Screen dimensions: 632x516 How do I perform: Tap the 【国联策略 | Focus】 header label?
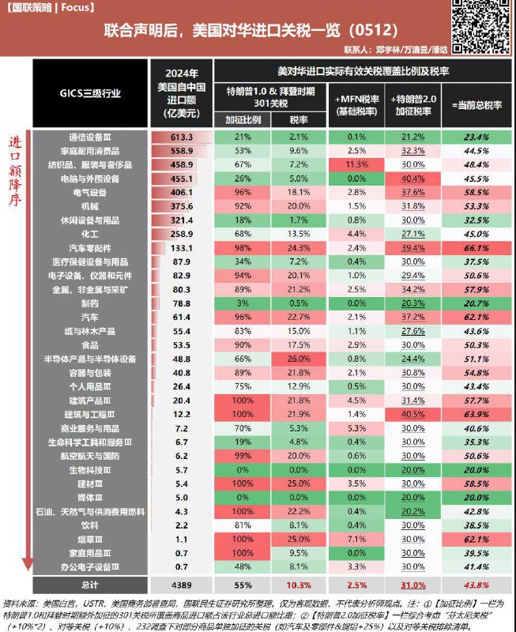click(49, 7)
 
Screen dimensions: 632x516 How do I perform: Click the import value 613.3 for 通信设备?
click(182, 137)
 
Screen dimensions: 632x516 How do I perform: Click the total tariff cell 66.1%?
click(474, 247)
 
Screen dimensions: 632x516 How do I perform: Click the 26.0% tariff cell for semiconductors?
click(299, 358)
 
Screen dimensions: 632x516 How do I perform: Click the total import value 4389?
click(182, 585)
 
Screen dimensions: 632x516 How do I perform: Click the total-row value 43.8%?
click(474, 585)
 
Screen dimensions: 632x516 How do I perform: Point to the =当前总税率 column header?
click(474, 103)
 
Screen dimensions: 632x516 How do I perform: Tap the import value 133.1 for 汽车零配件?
click(182, 247)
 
